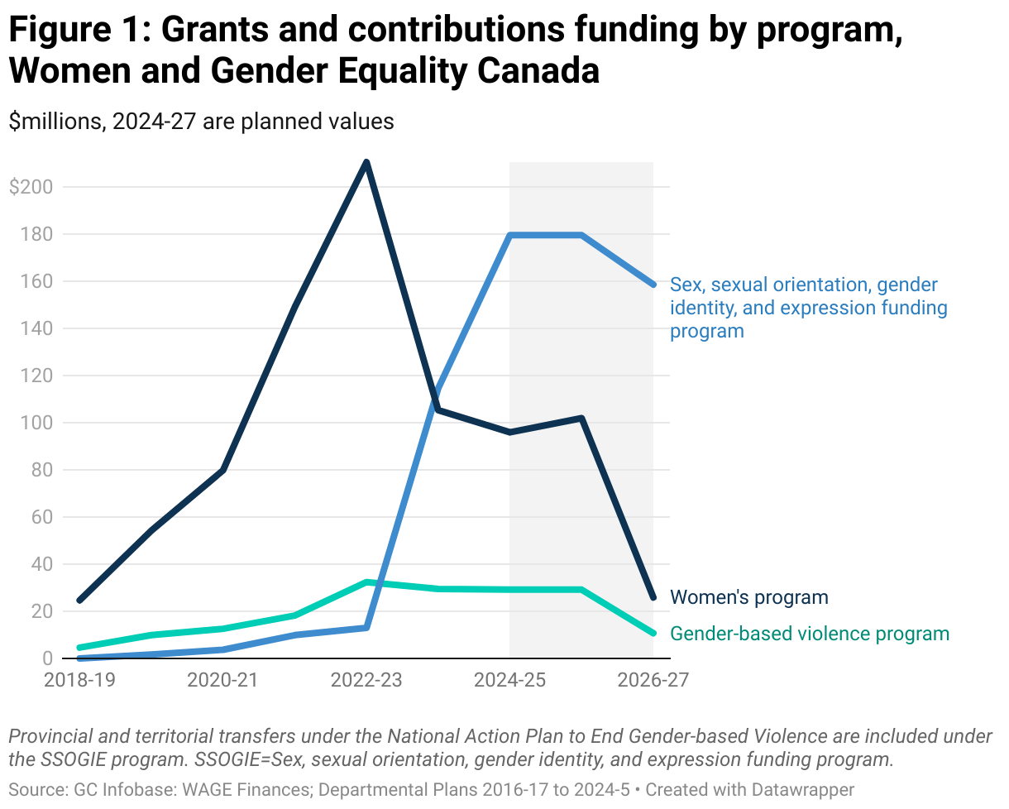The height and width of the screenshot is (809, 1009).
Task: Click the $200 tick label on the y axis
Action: point(31,187)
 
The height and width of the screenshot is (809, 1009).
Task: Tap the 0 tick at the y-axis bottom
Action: point(47,658)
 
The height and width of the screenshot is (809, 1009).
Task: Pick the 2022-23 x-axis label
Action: point(366,681)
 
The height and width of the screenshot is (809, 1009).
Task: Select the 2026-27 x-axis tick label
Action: point(653,681)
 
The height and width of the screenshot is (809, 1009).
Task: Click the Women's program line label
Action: point(748,597)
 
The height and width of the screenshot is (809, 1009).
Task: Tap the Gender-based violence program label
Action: point(809,634)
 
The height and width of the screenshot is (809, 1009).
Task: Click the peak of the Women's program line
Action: point(366,162)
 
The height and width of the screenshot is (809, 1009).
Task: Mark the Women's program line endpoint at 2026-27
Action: point(653,597)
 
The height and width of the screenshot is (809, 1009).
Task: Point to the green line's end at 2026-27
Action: point(653,633)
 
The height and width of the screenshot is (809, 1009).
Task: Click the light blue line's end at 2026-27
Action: point(653,285)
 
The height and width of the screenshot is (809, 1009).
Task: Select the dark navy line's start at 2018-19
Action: point(79,600)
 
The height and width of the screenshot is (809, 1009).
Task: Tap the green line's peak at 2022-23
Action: point(366,582)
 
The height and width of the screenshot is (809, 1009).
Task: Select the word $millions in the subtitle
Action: point(55,121)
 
